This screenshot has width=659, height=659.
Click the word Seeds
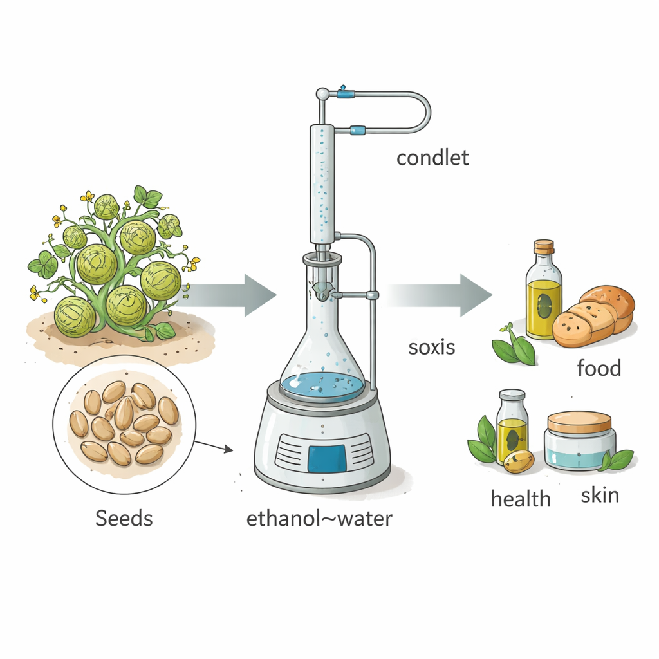pyautogui.click(x=124, y=518)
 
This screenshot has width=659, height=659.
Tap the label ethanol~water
pyautogui.click(x=319, y=519)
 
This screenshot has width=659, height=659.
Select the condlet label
pyautogui.click(x=432, y=158)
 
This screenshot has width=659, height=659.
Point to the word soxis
pyautogui.click(x=432, y=347)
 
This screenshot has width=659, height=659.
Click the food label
pyautogui.click(x=599, y=367)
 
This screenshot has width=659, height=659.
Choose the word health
pyautogui.click(x=521, y=499)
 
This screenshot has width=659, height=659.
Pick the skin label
pyautogui.click(x=600, y=495)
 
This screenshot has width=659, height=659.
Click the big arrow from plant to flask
pyautogui.click(x=229, y=295)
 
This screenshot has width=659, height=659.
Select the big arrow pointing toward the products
pyautogui.click(x=439, y=295)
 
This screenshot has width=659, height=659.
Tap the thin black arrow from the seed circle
pyautogui.click(x=214, y=446)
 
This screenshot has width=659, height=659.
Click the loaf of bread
pyautogui.click(x=593, y=316)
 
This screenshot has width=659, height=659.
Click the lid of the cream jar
pyautogui.click(x=580, y=423)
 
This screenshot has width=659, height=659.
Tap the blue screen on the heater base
pyautogui.click(x=326, y=458)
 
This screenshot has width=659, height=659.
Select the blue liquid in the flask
pyautogui.click(x=322, y=386)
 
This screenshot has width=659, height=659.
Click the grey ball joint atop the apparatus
pyautogui.click(x=322, y=93)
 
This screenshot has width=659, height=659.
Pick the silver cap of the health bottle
pyautogui.click(x=512, y=396)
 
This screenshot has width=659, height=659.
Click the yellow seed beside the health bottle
pyautogui.click(x=519, y=461)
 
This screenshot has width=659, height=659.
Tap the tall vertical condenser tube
pyautogui.click(x=322, y=184)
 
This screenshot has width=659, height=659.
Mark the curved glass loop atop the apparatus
pyautogui.click(x=414, y=112)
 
